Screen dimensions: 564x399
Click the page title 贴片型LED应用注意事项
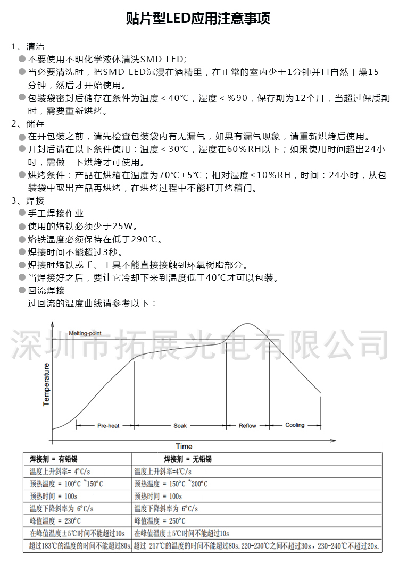pyautogui.click(x=198, y=20)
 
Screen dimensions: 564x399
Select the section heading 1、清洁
pyautogui.click(x=28, y=47)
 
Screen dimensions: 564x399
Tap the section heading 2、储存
pyautogui.click(x=28, y=124)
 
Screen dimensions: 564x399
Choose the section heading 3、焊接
pyautogui.click(x=28, y=201)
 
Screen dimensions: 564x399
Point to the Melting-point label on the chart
pyautogui.click(x=85, y=334)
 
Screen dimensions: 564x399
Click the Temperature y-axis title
pyautogui.click(x=46, y=384)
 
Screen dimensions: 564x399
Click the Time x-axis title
pyautogui.click(x=184, y=446)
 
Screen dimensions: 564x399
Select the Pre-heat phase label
pyautogui.click(x=108, y=426)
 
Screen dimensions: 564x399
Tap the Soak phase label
pyautogui.click(x=180, y=426)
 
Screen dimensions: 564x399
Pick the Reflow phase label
pyautogui.click(x=247, y=426)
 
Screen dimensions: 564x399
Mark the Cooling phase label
pyautogui.click(x=295, y=425)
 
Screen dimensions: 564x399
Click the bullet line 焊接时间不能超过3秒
pyautogui.click(x=75, y=252)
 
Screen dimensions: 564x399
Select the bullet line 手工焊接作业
pyautogui.click(x=56, y=214)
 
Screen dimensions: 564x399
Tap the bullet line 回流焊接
pyautogui.click(x=46, y=290)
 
